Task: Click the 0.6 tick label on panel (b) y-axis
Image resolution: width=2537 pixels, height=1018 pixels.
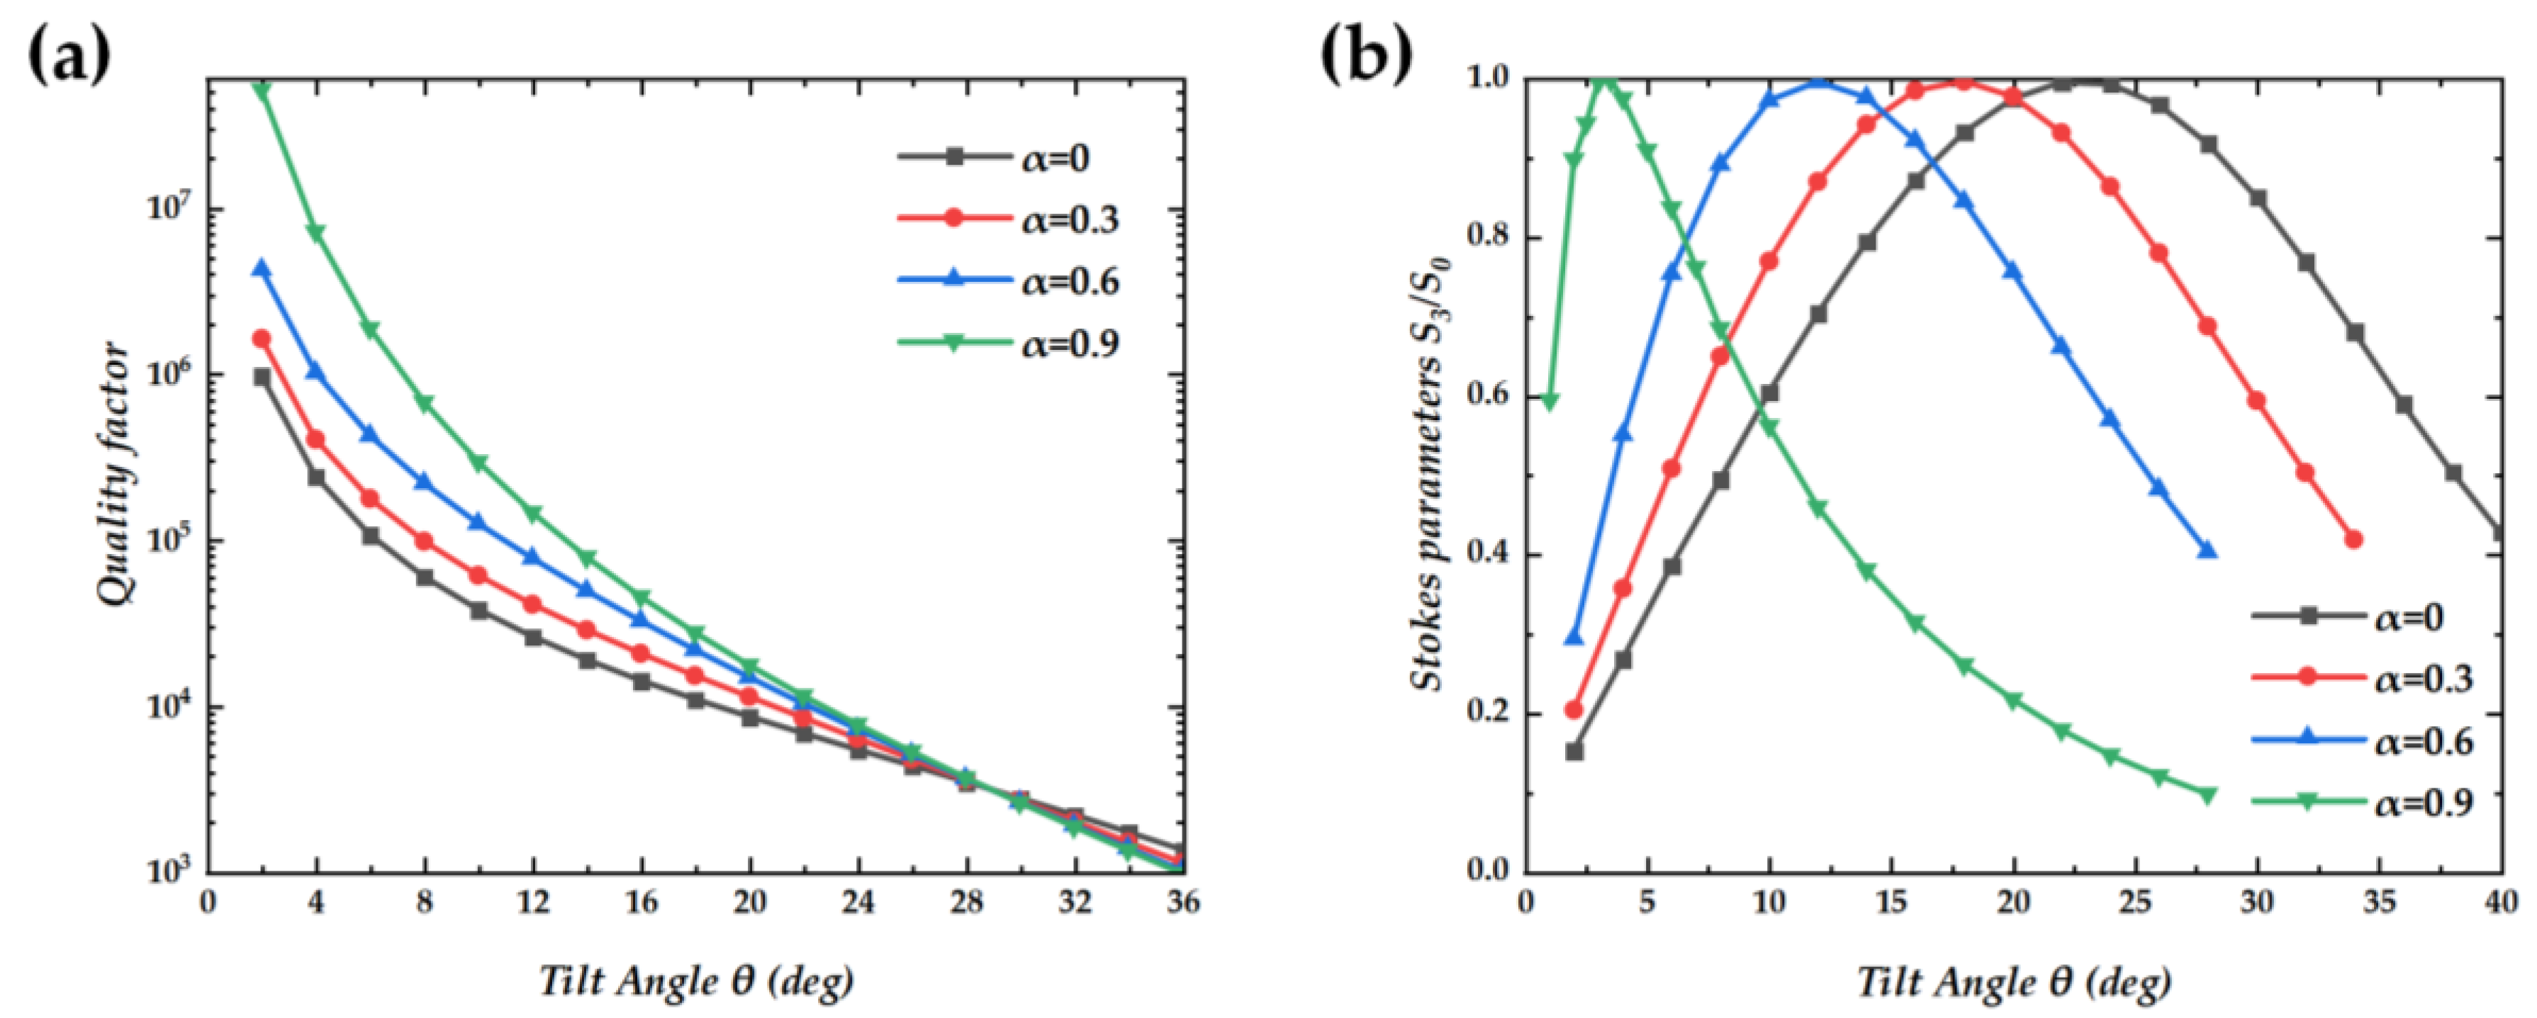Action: [x=1487, y=397]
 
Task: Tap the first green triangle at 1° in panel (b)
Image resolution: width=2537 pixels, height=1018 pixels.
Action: [x=1549, y=402]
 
